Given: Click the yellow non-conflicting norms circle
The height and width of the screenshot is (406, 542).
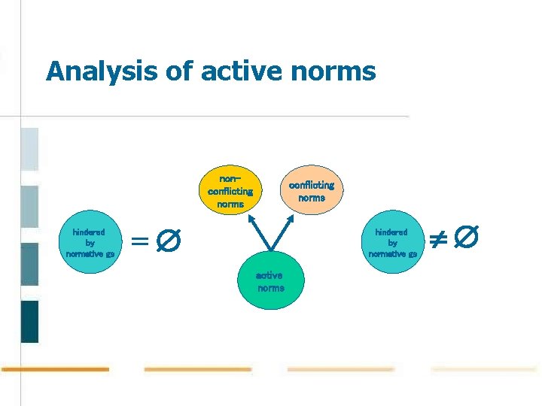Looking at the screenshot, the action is [x=230, y=191].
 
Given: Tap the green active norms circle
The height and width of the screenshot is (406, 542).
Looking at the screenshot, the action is [x=270, y=281].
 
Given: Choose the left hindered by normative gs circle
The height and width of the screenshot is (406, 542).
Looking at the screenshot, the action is [x=90, y=243].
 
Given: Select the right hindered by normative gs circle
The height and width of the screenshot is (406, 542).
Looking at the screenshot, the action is [x=392, y=243].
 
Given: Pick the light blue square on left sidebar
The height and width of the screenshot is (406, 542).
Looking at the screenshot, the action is [x=29, y=149].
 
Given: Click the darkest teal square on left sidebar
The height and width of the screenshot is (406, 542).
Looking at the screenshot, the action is [x=29, y=321].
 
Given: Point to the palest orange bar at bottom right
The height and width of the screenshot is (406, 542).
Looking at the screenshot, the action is [x=484, y=369].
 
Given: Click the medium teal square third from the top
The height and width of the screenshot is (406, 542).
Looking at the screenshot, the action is [x=29, y=264].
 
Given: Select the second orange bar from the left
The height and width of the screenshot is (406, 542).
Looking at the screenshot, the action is [x=197, y=369].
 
